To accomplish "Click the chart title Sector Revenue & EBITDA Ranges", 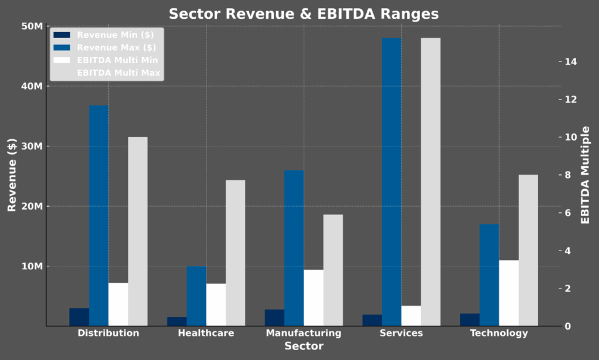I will point(304,14).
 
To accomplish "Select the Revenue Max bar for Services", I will point(391,182).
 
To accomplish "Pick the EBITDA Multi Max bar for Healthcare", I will point(235,253).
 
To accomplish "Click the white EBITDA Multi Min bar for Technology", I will point(508,293).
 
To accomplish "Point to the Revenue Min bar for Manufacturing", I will point(274,318).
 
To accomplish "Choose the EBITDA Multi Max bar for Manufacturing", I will point(333,270).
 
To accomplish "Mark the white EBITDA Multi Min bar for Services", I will point(411,316).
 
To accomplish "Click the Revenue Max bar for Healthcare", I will point(196,296).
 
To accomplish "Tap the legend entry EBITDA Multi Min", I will point(117,60).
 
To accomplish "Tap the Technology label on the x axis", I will point(499,333).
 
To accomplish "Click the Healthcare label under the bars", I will point(206,333).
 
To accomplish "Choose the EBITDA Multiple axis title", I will point(585,175).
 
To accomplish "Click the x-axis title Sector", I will point(304,346).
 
